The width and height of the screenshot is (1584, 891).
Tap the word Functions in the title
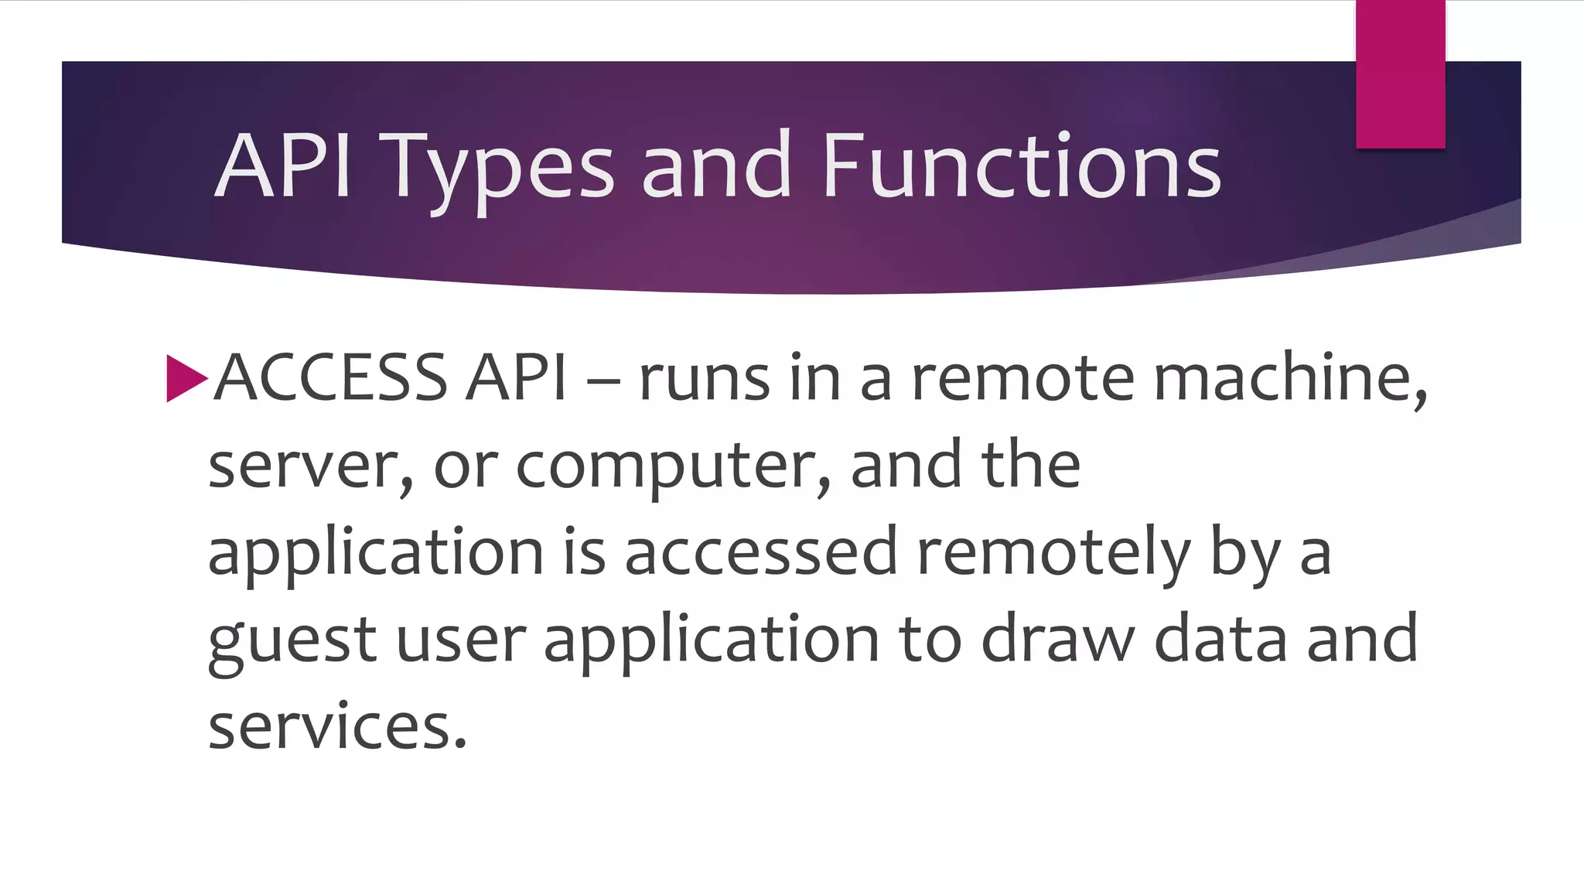coord(1021,166)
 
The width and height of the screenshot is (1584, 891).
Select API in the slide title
coord(283,166)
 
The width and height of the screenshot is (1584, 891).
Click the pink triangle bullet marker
coord(186,378)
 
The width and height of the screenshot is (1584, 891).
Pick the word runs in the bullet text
coord(704,379)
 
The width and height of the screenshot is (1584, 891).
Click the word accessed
coord(761,552)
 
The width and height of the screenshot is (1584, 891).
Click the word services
coord(337,727)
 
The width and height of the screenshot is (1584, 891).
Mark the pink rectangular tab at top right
coord(1400,74)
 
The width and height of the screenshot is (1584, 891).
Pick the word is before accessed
coord(585,552)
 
